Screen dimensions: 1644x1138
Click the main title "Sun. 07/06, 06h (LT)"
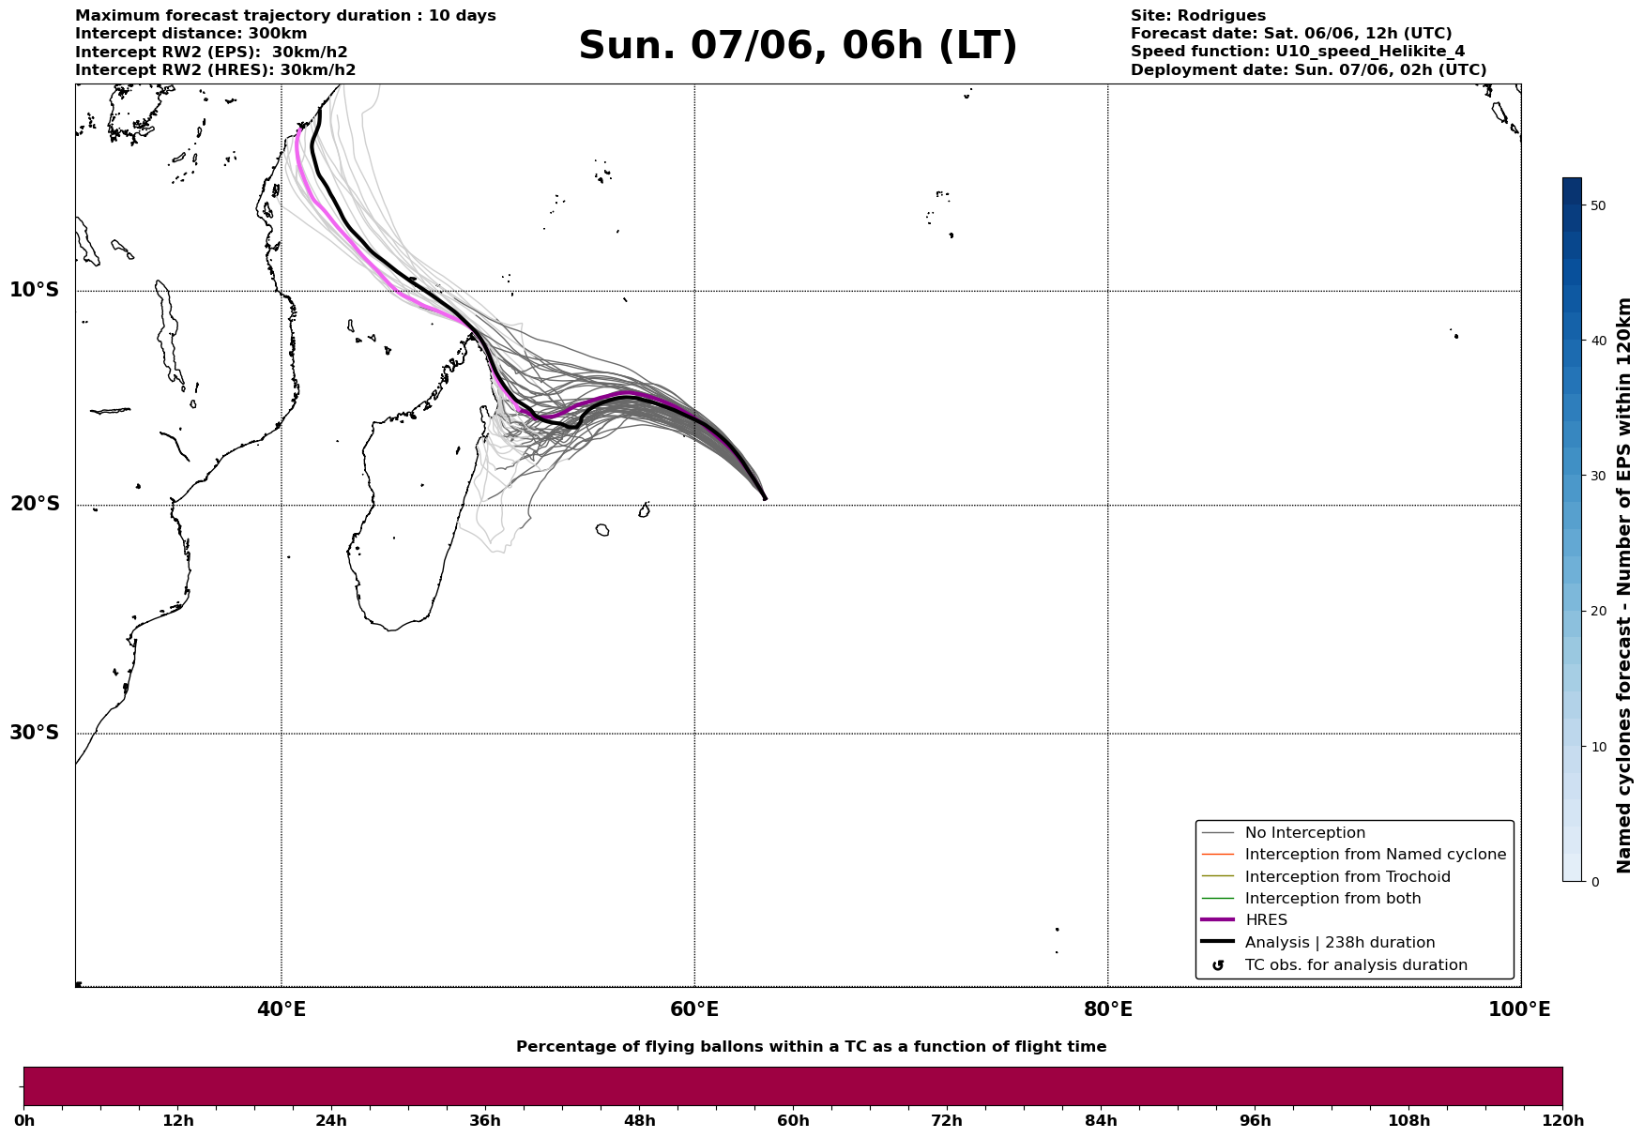pyautogui.click(x=798, y=46)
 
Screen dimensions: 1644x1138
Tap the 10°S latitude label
pyautogui.click(x=35, y=290)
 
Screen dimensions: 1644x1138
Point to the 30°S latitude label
pyautogui.click(x=35, y=733)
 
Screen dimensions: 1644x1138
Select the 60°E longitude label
pyautogui.click(x=694, y=1009)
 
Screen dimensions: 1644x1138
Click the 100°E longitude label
pyautogui.click(x=1519, y=1009)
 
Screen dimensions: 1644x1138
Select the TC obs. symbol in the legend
pyautogui.click(x=1218, y=965)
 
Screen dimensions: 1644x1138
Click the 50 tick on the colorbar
pyautogui.click(x=1598, y=205)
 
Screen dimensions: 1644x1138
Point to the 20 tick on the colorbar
pyautogui.click(x=1598, y=612)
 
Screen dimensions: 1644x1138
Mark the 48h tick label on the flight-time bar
pyautogui.click(x=639, y=1121)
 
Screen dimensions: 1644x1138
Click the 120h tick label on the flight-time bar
pyautogui.click(x=1562, y=1121)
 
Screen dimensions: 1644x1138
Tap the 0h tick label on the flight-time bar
pyautogui.click(x=23, y=1121)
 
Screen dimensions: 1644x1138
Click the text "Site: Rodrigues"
pyautogui.click(x=1198, y=16)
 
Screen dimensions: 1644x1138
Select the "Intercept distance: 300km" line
pyautogui.click(x=191, y=34)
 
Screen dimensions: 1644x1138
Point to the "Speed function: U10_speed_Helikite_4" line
pyautogui.click(x=1298, y=52)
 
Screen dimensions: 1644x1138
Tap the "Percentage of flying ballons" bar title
pyautogui.click(x=811, y=1047)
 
